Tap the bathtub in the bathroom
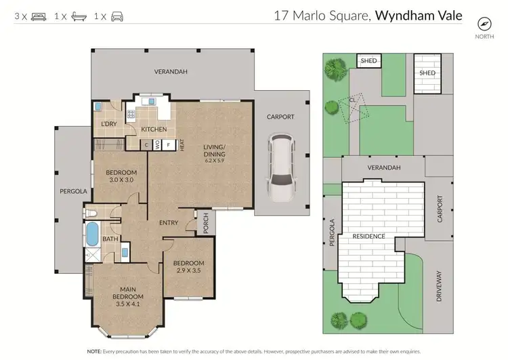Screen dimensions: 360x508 [91, 233]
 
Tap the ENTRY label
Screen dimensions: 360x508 [168, 223]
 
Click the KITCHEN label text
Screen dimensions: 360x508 [154, 129]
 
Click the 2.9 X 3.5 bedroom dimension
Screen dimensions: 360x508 [188, 271]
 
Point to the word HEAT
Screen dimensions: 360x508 [182, 145]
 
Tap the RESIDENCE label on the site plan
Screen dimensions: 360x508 [369, 236]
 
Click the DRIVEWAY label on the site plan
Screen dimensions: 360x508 [438, 287]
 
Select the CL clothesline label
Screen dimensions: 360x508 [354, 100]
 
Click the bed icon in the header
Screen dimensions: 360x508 [39, 15]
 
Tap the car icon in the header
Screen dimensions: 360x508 [118, 15]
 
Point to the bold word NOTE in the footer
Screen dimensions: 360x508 [95, 352]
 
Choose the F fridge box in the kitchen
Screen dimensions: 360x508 [168, 144]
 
